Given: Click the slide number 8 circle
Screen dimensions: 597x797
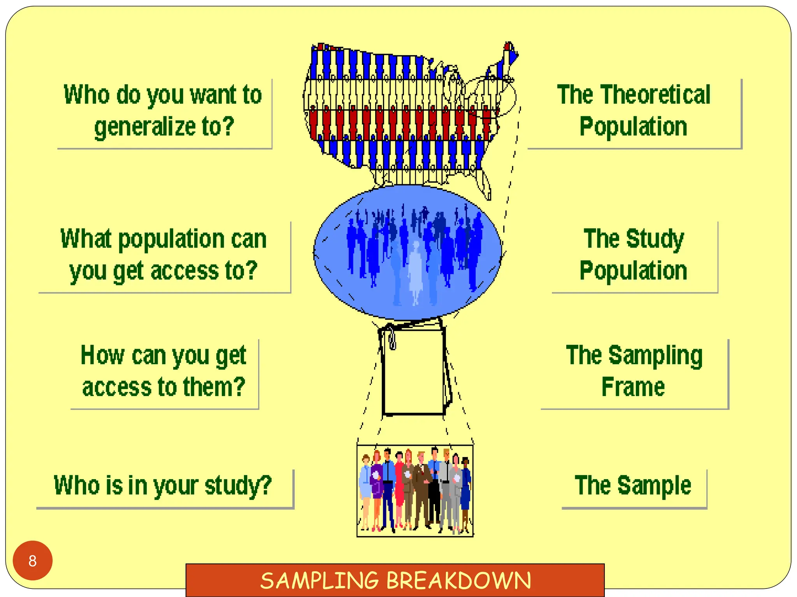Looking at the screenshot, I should tap(33, 560).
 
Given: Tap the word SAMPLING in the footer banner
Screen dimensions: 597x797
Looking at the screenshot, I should tap(319, 580).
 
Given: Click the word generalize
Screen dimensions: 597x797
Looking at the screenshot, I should tap(145, 127).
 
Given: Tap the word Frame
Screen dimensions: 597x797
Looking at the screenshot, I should tap(633, 387).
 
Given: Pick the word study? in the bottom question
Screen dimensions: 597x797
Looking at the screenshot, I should tap(238, 485).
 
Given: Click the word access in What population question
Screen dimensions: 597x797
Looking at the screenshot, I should tap(185, 271).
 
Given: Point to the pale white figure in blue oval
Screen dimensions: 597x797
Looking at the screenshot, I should tap(416, 272).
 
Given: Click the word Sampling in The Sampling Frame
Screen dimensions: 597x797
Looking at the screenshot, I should tap(656, 355).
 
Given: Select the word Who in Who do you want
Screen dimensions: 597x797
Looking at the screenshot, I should tap(86, 95).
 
